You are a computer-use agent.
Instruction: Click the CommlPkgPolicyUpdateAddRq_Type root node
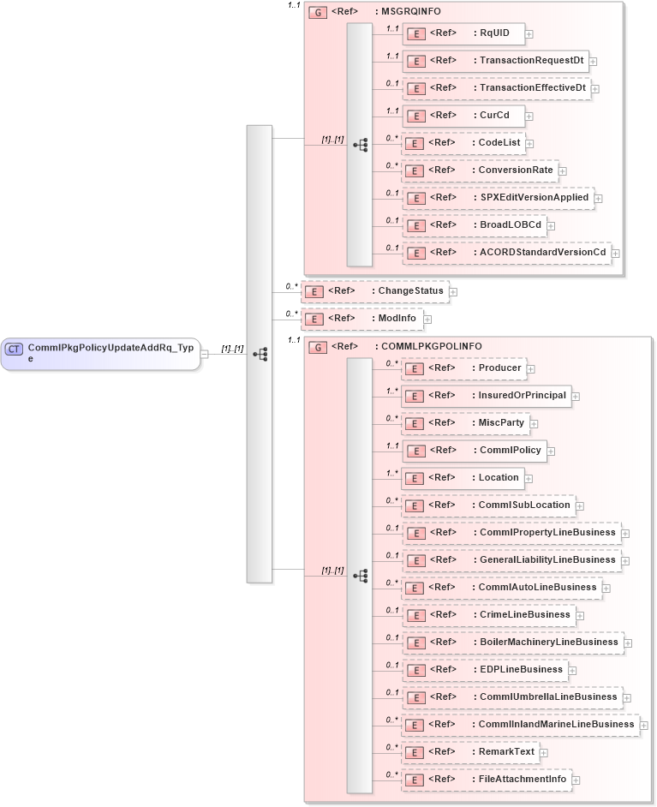coord(100,352)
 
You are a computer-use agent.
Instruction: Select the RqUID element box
coord(463,33)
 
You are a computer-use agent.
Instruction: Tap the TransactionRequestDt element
coord(495,61)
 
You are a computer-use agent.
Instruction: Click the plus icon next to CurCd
coord(530,117)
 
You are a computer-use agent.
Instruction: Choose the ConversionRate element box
coord(480,170)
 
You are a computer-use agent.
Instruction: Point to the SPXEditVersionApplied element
coord(498,198)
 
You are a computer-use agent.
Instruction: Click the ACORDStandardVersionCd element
coord(506,253)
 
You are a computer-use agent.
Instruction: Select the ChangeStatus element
coord(374,291)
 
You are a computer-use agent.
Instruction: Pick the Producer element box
coord(463,368)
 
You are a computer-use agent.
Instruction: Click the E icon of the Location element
coord(415,479)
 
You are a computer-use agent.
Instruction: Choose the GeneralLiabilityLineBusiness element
coord(511,560)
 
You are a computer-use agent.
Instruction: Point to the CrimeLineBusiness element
coord(488,615)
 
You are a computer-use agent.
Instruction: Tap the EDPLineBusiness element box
coord(485,670)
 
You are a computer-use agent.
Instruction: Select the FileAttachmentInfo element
coord(487,780)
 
